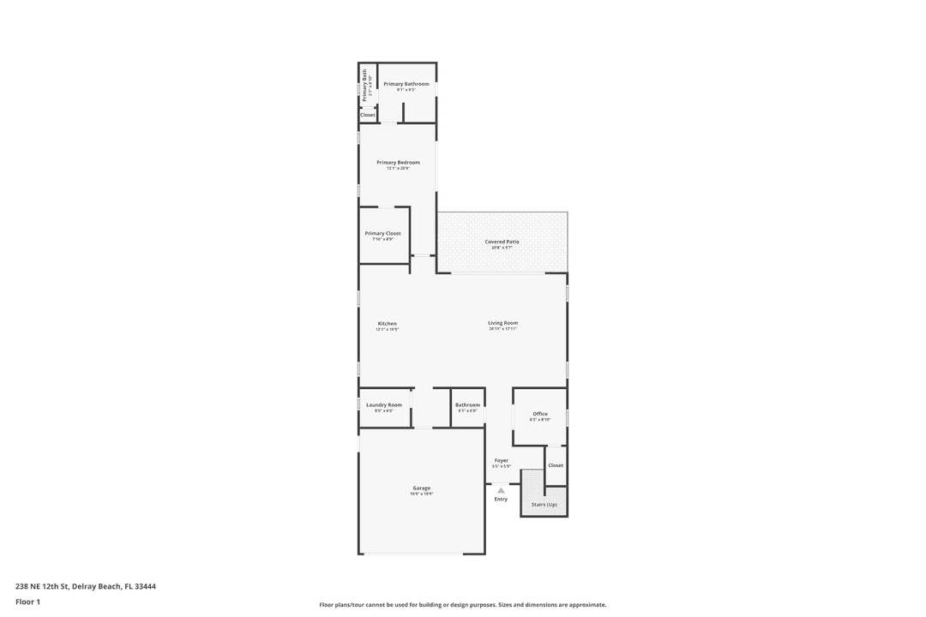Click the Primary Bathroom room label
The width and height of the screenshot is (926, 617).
[406, 84]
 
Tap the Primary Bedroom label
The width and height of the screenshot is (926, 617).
[399, 162]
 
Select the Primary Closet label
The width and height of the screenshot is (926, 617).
[382, 233]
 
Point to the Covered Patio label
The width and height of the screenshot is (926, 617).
[502, 242]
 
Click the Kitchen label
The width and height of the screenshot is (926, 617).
[387, 323]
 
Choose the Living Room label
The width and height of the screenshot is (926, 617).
[502, 322]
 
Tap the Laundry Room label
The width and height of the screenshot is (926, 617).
[383, 404]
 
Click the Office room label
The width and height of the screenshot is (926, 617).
[540, 414]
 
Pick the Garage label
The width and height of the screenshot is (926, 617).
[421, 488]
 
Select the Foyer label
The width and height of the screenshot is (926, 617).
[502, 460]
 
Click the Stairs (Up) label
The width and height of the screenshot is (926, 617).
[544, 505]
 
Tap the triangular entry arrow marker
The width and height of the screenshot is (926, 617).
[501, 490]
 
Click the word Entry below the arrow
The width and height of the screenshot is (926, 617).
[501, 499]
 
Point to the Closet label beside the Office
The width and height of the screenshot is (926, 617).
[556, 465]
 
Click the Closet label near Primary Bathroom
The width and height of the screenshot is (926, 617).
[368, 115]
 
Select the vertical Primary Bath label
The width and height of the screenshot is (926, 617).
[364, 85]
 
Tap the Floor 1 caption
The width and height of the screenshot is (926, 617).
[27, 602]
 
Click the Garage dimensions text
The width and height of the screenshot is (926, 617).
[421, 494]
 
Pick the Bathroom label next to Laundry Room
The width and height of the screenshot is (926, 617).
[467, 404]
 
